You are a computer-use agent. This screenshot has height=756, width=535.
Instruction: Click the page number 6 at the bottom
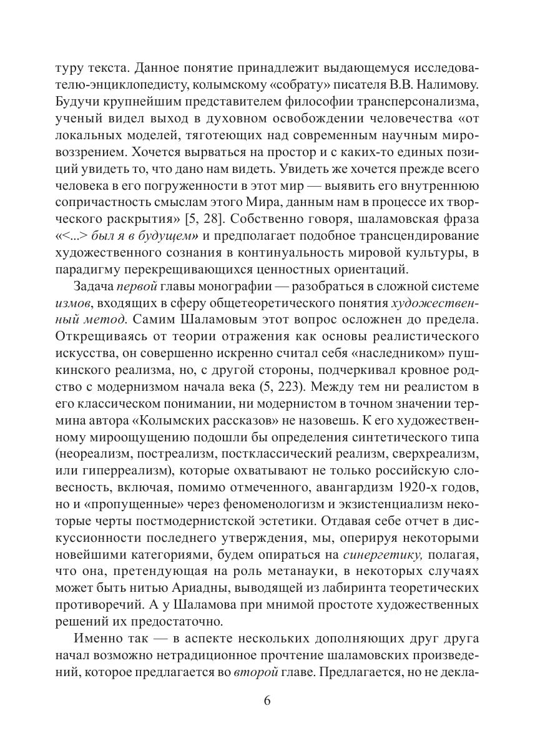(267, 700)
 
